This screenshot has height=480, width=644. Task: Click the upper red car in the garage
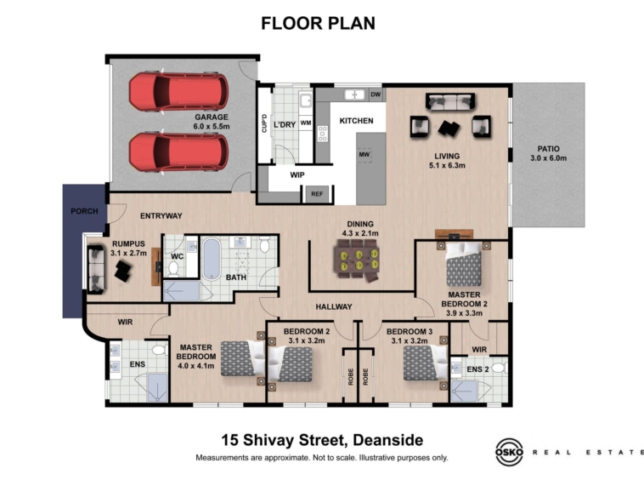pyautogui.click(x=178, y=92)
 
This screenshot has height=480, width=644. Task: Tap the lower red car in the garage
pyautogui.click(x=178, y=151)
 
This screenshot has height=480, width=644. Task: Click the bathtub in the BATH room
pyautogui.click(x=212, y=259)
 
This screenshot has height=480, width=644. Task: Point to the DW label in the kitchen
pyautogui.click(x=376, y=94)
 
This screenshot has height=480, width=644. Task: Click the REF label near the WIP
pyautogui.click(x=317, y=194)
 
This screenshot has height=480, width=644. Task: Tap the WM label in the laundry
pyautogui.click(x=306, y=123)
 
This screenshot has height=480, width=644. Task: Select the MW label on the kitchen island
pyautogui.click(x=364, y=155)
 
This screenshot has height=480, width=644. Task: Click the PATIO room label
pyautogui.click(x=548, y=149)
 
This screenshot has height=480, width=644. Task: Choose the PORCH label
pyautogui.click(x=84, y=211)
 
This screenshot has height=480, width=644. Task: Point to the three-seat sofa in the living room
pyautogui.click(x=450, y=101)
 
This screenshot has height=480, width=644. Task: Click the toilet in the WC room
pyautogui.click(x=173, y=270)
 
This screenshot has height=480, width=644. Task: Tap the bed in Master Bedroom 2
pyautogui.click(x=464, y=264)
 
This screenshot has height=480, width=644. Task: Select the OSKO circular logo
pyautogui.click(x=509, y=452)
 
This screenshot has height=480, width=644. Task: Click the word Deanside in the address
pyautogui.click(x=388, y=440)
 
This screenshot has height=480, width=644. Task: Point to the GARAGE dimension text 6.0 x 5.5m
pyautogui.click(x=212, y=126)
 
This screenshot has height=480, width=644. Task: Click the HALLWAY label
pyautogui.click(x=334, y=307)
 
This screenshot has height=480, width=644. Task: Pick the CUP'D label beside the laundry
pyautogui.click(x=264, y=123)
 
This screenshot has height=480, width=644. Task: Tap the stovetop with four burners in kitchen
pyautogui.click(x=323, y=134)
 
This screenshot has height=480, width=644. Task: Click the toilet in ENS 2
pyautogui.click(x=500, y=368)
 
